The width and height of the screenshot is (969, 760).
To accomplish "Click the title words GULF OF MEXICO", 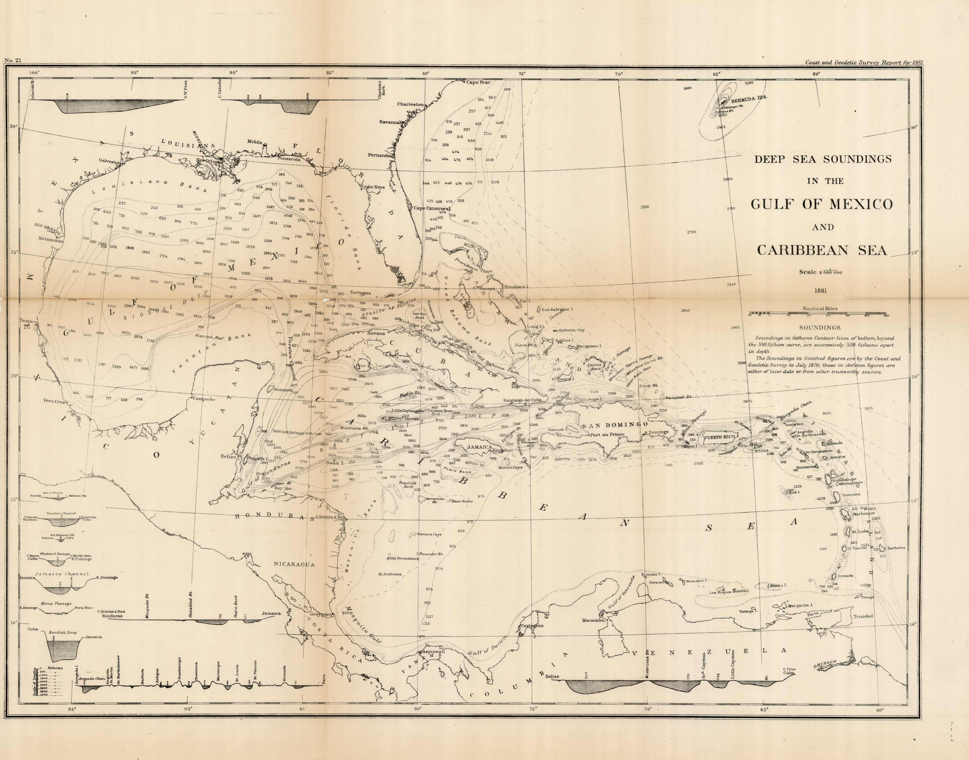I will tap(822, 204).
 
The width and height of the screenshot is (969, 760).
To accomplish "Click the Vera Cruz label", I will tap(54, 401).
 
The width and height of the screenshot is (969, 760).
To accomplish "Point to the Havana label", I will tap(376, 333).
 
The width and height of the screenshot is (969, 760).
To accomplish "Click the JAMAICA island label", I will tap(480, 447).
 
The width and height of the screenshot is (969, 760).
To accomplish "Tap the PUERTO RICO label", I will tap(719, 437).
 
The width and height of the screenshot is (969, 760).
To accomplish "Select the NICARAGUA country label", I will tap(294, 564).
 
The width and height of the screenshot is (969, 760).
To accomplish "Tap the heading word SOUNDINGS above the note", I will tap(820, 328).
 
